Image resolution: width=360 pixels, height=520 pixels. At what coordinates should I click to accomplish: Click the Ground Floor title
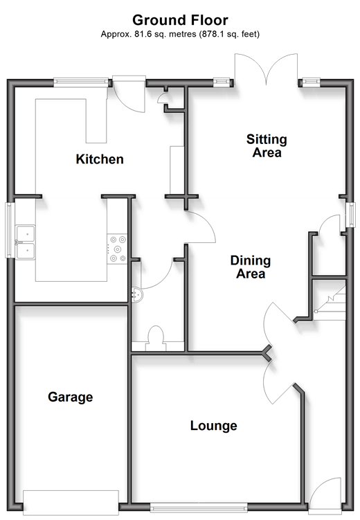click(180, 20)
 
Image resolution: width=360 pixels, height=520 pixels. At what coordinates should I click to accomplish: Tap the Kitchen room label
click(100, 159)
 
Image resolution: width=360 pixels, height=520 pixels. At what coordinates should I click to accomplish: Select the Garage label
click(71, 397)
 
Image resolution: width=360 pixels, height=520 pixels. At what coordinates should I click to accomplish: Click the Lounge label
click(213, 426)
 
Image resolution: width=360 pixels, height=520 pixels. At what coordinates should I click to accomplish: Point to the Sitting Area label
click(267, 146)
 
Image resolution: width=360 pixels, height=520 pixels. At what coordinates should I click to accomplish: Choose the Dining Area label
click(251, 267)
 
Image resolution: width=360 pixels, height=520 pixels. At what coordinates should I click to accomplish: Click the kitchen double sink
click(26, 242)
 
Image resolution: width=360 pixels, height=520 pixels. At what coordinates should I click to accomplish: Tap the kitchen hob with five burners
click(118, 249)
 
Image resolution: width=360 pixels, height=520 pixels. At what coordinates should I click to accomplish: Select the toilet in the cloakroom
click(156, 339)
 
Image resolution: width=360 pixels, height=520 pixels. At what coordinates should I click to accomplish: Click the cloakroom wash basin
click(137, 294)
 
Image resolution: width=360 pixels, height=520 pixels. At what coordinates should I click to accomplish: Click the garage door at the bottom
click(71, 503)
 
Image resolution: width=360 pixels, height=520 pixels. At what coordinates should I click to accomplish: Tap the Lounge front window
click(199, 507)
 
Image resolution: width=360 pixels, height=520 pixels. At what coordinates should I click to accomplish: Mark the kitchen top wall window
click(81, 82)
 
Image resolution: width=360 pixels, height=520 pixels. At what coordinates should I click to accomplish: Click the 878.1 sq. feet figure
click(228, 34)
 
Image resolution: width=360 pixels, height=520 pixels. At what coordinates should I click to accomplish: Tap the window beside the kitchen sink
click(10, 230)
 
